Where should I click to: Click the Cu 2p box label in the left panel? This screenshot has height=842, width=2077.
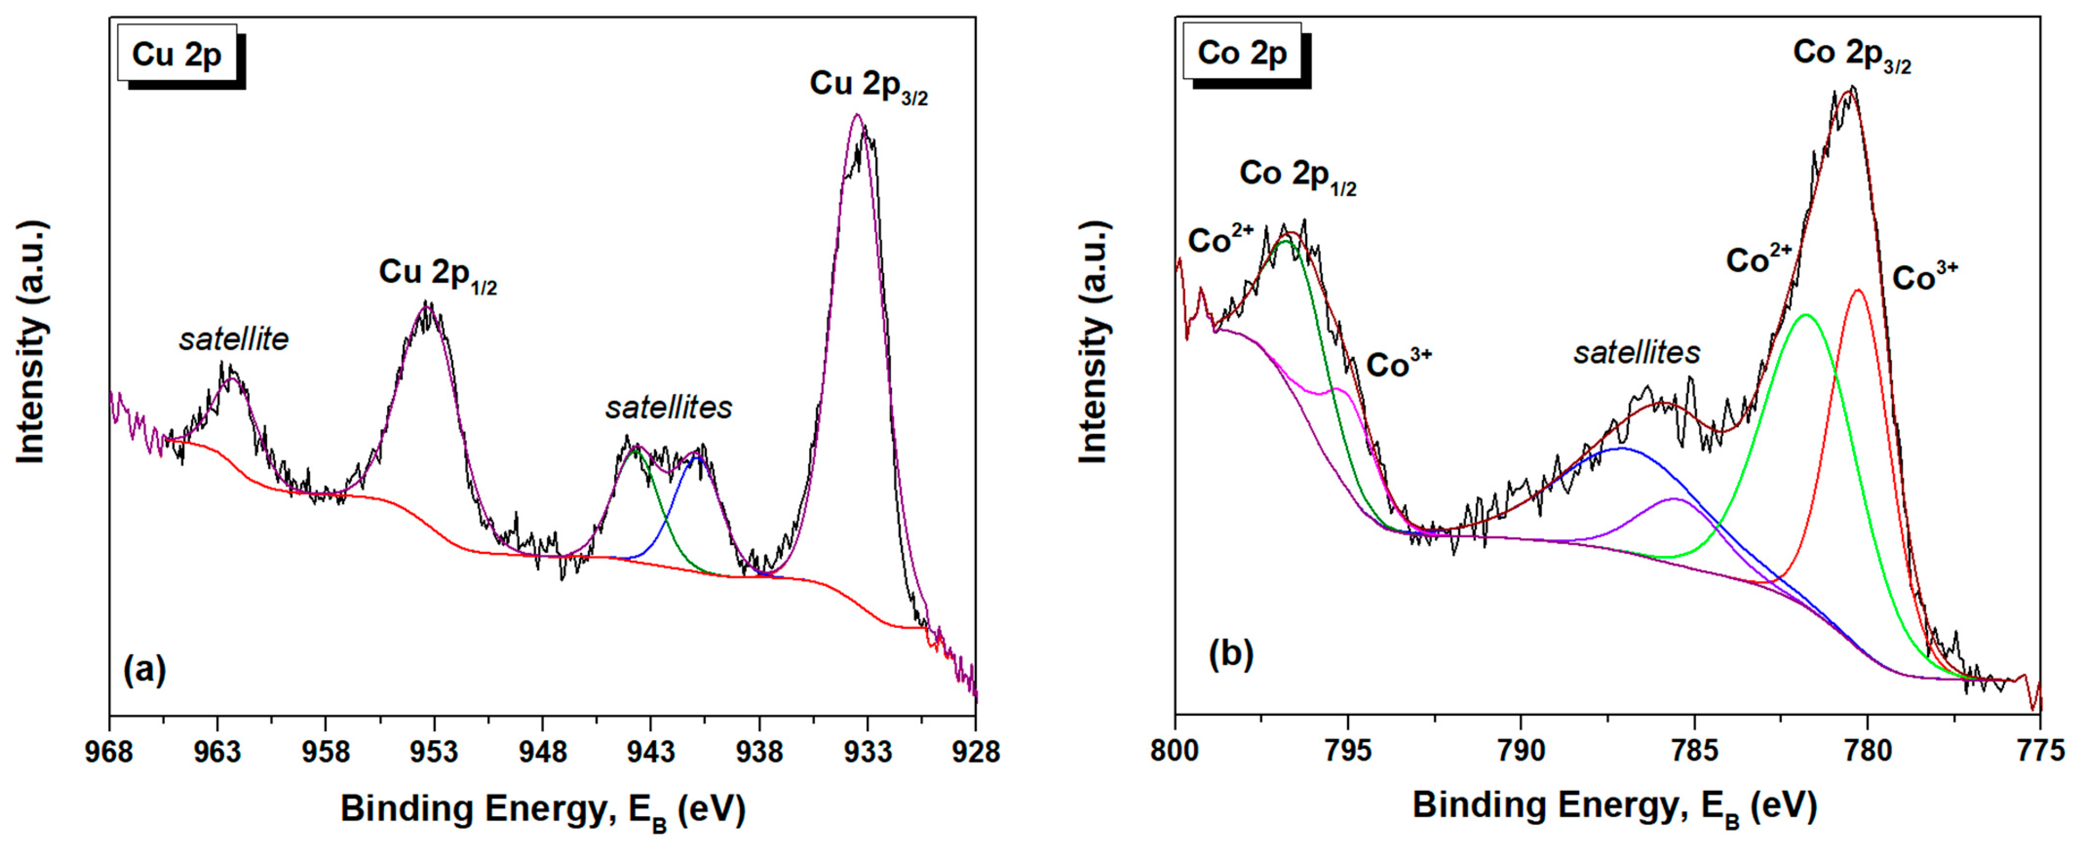pos(176,54)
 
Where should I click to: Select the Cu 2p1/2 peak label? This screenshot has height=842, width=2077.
pos(437,275)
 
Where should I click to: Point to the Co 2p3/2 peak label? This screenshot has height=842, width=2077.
pos(1851,55)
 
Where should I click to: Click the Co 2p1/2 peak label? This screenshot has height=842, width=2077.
pos(1297,176)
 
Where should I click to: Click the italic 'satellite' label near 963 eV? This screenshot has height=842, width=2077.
pos(234,340)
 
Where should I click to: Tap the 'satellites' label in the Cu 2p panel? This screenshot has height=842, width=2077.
pos(669,408)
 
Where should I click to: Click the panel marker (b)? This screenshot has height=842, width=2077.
pos(1231,654)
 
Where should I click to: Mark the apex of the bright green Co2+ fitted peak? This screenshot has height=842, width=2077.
pos(1805,315)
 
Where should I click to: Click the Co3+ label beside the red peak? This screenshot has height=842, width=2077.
pos(1924,277)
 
